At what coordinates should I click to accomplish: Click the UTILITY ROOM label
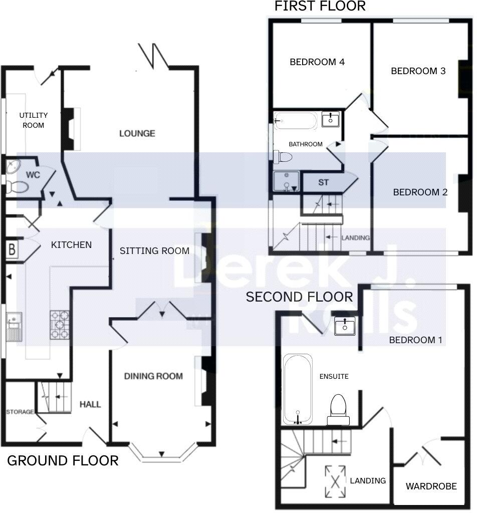pyautogui.click(x=34, y=120)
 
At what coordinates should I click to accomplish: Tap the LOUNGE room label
pyautogui.click(x=137, y=133)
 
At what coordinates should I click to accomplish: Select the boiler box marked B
pyautogui.click(x=12, y=249)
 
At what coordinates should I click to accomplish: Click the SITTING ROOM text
pyautogui.click(x=154, y=250)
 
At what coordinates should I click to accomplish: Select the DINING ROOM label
pyautogui.click(x=153, y=376)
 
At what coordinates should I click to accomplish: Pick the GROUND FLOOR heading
pyautogui.click(x=63, y=460)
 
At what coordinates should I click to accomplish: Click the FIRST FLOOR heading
pyautogui.click(x=320, y=6)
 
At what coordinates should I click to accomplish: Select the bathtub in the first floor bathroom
pyautogui.click(x=296, y=121)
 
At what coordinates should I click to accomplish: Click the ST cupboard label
pyautogui.click(x=323, y=182)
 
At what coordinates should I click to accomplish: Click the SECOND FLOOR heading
pyautogui.click(x=299, y=297)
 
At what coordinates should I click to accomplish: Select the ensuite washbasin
pyautogui.click(x=345, y=326)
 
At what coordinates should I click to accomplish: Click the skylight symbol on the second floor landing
pyautogui.click(x=335, y=480)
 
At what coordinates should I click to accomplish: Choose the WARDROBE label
pyautogui.click(x=431, y=486)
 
